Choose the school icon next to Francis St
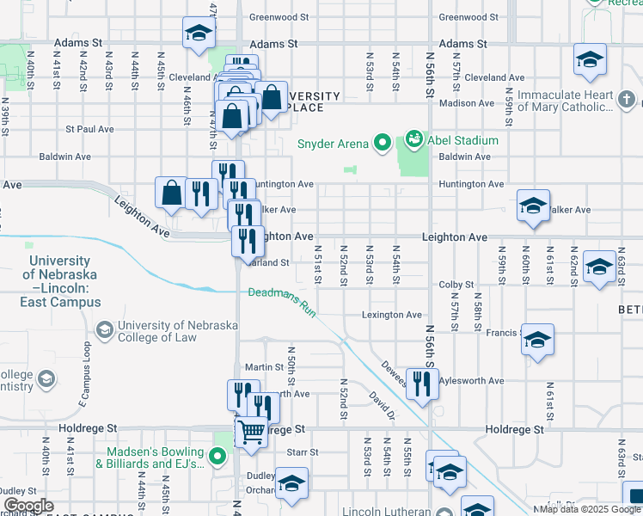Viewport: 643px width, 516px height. (x=537, y=340)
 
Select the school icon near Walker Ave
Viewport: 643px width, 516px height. (x=533, y=206)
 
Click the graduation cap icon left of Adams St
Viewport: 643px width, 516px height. (x=199, y=34)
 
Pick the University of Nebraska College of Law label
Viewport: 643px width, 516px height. (x=157, y=331)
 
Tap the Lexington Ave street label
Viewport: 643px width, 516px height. (x=391, y=316)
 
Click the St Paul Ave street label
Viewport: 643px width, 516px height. (x=89, y=129)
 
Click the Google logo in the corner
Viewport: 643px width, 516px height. (x=28, y=505)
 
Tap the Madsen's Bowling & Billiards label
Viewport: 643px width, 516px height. (x=155, y=458)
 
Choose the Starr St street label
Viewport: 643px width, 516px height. (x=303, y=452)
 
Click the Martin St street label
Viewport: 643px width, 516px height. (x=264, y=367)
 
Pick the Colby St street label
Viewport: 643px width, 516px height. (x=456, y=285)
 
